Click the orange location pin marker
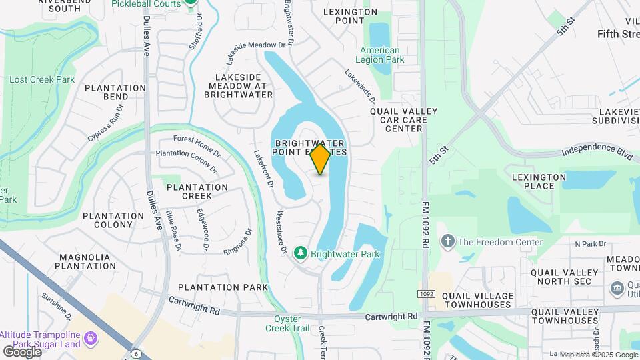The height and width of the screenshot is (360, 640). [x=321, y=159]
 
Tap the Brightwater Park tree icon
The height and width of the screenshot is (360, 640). [x=301, y=253]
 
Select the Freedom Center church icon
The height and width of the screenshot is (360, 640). [x=449, y=241]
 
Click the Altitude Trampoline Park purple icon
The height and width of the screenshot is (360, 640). [x=91, y=339]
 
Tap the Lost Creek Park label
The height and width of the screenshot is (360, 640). [x=42, y=79]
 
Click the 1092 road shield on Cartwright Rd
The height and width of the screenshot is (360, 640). [x=427, y=294]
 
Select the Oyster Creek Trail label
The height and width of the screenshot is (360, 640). [x=288, y=323]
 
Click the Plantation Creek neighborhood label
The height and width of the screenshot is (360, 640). [x=197, y=192]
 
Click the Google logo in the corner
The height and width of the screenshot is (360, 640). [x=22, y=351]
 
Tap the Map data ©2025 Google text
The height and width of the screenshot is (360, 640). [x=598, y=355]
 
